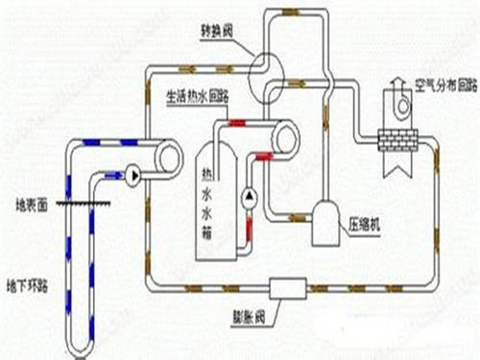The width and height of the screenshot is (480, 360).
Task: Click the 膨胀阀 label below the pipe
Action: tap(286, 313)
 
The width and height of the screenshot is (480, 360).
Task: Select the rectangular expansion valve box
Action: tap(286, 287)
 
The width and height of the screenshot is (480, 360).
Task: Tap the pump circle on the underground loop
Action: tap(132, 176)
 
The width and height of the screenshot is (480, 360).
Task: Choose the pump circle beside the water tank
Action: tap(250, 196)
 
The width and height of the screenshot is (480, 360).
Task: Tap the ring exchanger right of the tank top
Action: tap(283, 138)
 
